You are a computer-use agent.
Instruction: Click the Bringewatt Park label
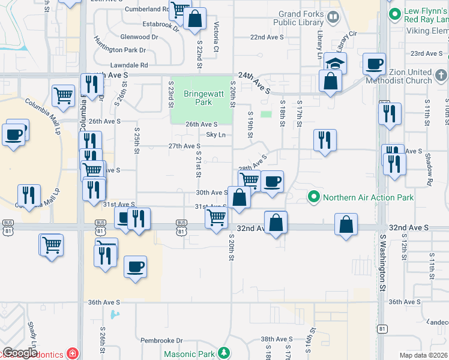pyautogui.click(x=198, y=98)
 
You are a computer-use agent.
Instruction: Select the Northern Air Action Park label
pyautogui.click(x=368, y=197)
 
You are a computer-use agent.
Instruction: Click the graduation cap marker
pyautogui.click(x=336, y=63)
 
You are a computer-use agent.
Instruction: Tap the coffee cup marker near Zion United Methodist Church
pyautogui.click(x=374, y=64)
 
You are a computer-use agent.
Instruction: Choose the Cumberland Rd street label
pyautogui.click(x=147, y=9)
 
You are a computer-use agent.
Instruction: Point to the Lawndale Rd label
pyautogui.click(x=128, y=65)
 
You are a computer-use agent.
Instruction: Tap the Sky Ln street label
pyautogui.click(x=216, y=135)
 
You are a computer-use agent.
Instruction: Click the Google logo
pyautogui.click(x=20, y=353)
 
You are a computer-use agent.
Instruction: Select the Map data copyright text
pyautogui.click(x=423, y=355)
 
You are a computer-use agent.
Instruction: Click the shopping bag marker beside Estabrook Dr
pyautogui.click(x=195, y=19)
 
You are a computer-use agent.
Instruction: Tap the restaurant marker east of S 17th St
pyautogui.click(x=324, y=140)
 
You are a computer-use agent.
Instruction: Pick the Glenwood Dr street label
pyautogui.click(x=139, y=37)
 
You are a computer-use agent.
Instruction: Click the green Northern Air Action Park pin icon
pyautogui.click(x=313, y=197)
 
